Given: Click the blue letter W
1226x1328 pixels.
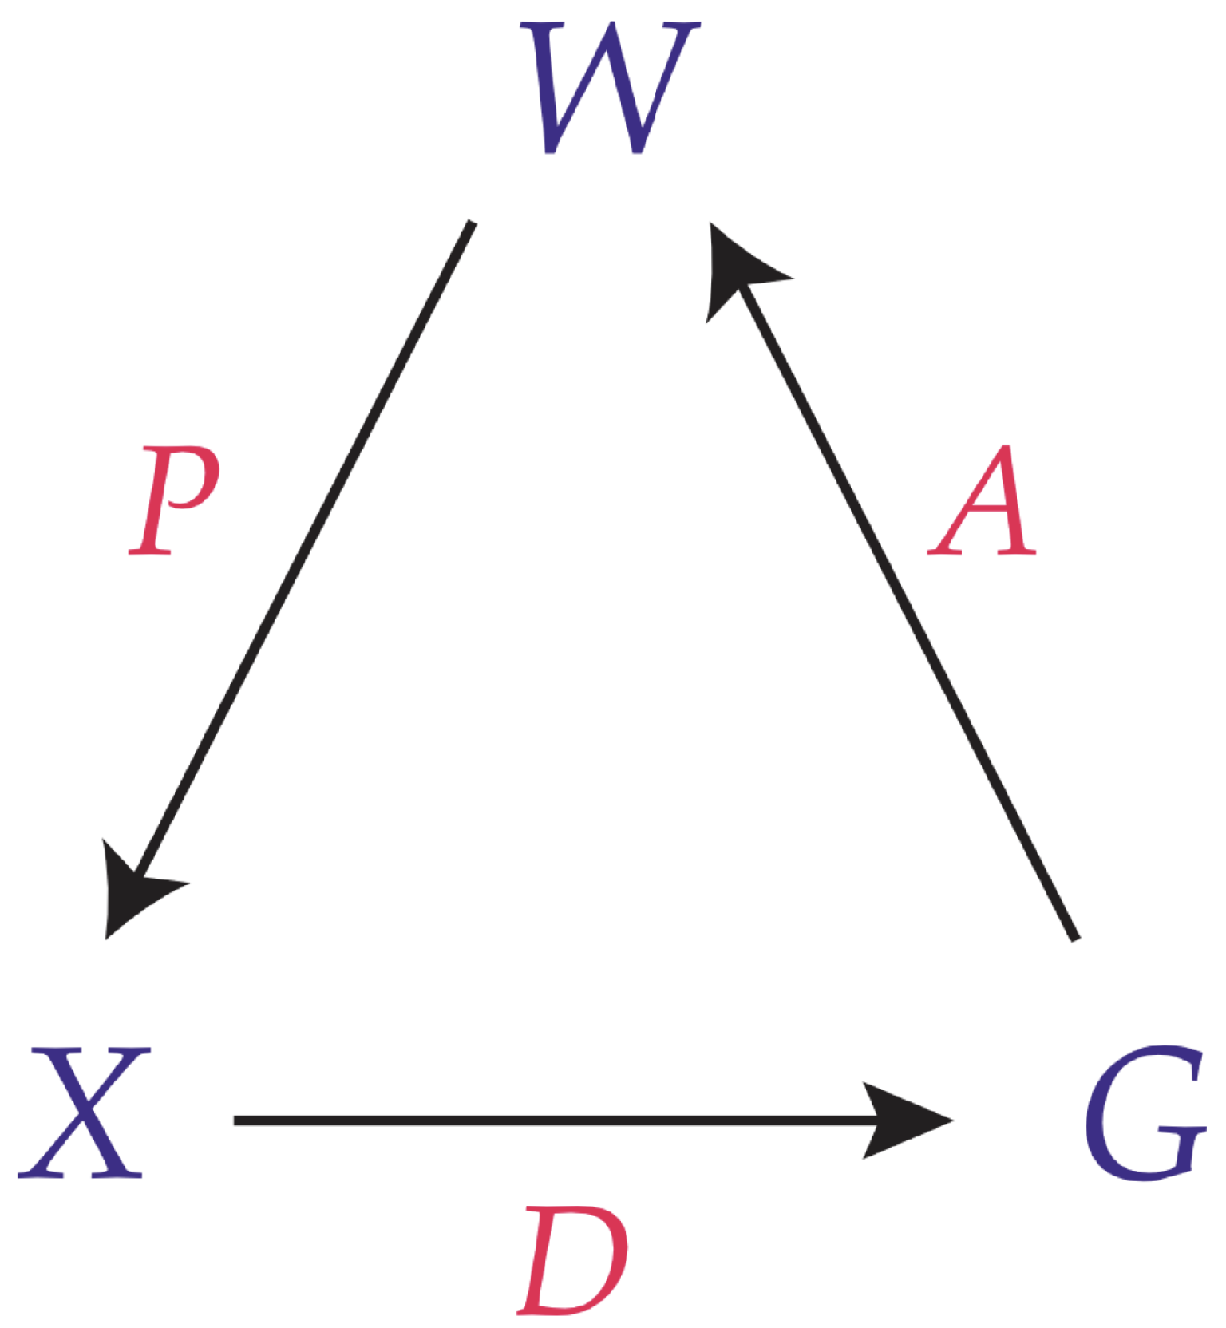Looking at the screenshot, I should pyautogui.click(x=611, y=88).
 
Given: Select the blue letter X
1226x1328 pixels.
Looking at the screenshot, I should pyautogui.click(x=83, y=1113).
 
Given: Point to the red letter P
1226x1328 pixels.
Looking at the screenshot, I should pyautogui.click(x=173, y=500).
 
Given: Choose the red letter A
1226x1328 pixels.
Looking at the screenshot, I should pyautogui.click(x=984, y=500).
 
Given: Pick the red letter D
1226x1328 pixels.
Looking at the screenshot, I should pyautogui.click(x=573, y=1261).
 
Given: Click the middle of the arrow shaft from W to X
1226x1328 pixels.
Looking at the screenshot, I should pyautogui.click(x=304, y=551).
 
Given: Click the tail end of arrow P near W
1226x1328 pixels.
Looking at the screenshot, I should pyautogui.click(x=471, y=224).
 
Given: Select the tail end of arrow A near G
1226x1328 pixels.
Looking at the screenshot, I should pyautogui.click(x=1074, y=938).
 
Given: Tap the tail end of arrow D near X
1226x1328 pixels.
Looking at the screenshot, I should pyautogui.click(x=236, y=1120).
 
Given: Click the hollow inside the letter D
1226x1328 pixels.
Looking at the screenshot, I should pyautogui.click(x=576, y=1261).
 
